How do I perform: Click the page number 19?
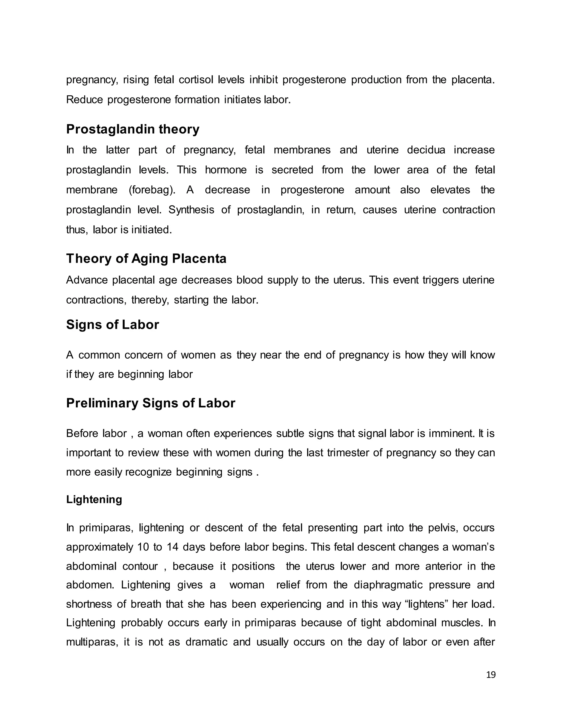[x=491, y=674]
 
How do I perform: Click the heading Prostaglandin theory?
[x=133, y=129]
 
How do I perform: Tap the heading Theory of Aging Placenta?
[x=146, y=258]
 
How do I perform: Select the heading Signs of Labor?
[x=112, y=324]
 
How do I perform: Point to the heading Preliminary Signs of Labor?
[x=151, y=403]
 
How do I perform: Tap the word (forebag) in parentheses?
[x=152, y=190]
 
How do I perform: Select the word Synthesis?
[x=191, y=210]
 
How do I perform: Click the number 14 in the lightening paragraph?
[x=173, y=547]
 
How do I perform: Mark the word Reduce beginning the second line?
[x=84, y=99]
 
